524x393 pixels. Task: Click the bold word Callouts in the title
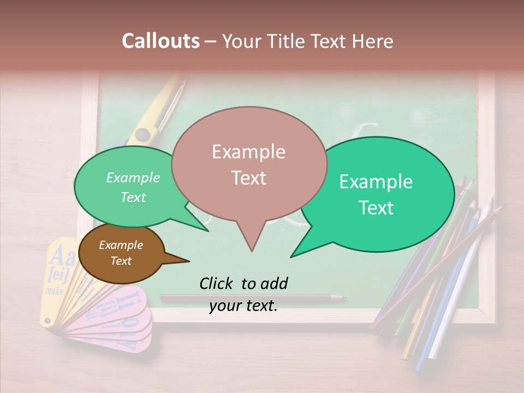click(x=160, y=41)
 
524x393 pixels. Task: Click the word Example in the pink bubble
click(x=248, y=152)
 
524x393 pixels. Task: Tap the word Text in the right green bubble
click(x=377, y=208)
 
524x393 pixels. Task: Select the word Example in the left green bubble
click(x=133, y=178)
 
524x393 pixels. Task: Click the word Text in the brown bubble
click(x=121, y=261)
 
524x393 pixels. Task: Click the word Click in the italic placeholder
click(x=217, y=283)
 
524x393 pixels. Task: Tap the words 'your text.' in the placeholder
click(x=243, y=306)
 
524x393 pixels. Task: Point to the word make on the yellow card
click(x=54, y=290)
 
